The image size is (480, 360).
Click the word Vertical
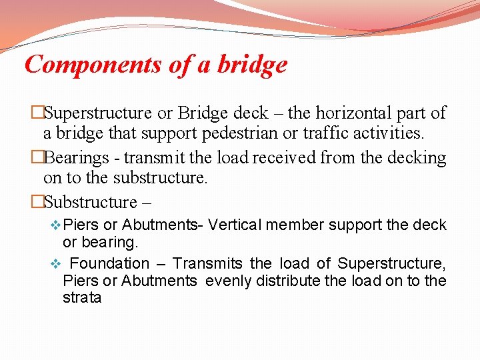tap(236, 225)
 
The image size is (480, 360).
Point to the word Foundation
tap(110, 264)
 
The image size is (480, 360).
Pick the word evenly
tap(226, 281)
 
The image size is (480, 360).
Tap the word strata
tap(82, 297)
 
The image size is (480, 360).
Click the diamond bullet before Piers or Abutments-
tap(55, 226)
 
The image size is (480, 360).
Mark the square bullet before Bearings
tap(38, 158)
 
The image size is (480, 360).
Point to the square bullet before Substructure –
tap(38, 202)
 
